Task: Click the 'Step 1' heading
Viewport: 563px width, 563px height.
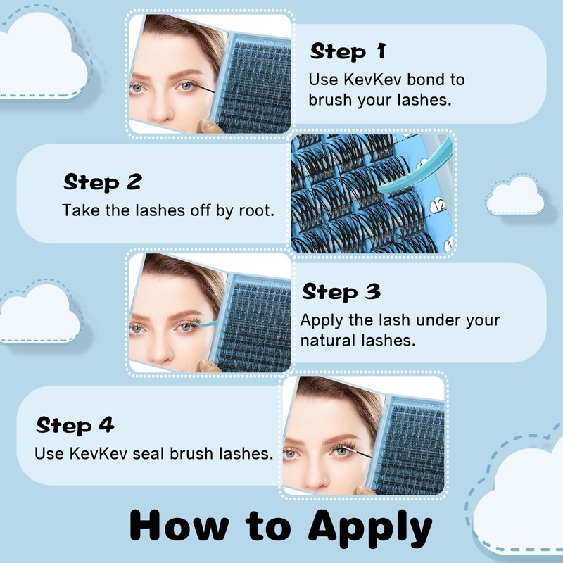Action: [348, 51]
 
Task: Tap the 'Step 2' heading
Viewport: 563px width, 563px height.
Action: [103, 182]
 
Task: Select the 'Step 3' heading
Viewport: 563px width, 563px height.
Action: [341, 291]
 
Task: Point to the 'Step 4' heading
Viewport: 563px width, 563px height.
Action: [75, 425]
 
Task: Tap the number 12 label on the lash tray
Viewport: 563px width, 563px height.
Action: [438, 205]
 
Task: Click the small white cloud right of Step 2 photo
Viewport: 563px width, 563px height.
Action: [515, 196]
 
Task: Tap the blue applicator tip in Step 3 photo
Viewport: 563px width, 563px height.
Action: [205, 324]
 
